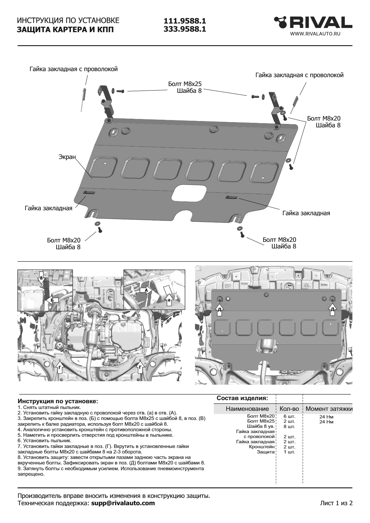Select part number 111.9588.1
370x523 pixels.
tap(185, 21)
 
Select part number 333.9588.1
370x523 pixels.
tap(185, 29)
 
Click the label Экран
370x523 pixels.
tap(67, 157)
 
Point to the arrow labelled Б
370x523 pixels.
tap(52, 300)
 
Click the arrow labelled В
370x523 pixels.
tap(41, 279)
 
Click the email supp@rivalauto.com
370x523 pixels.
tap(123, 503)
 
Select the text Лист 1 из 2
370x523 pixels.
tap(336, 503)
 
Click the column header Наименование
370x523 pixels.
tap(247, 409)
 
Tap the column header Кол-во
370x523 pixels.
tap(289, 409)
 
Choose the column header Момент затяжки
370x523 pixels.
tap(329, 409)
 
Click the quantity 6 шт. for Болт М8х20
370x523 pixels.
tap(289, 417)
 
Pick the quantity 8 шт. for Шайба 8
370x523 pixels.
tap(289, 427)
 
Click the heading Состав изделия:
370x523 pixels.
tap(242, 398)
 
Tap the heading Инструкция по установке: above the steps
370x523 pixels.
tap(58, 401)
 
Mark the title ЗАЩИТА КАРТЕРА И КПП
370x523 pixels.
tap(65, 30)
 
